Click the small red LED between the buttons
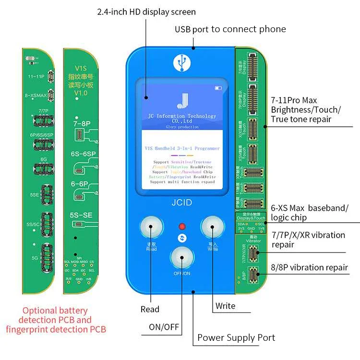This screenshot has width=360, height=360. pos(182,226)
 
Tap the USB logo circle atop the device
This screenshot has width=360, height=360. pos(181,62)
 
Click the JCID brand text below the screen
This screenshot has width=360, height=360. pos(181,203)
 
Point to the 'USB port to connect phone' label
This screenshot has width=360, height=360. pos(230,29)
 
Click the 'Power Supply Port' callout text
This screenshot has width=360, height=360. pos(236,337)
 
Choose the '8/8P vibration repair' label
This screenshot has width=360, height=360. pos(310,267)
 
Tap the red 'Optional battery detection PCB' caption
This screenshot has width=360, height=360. pos(57,320)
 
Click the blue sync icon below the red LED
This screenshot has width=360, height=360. pos(182,238)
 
